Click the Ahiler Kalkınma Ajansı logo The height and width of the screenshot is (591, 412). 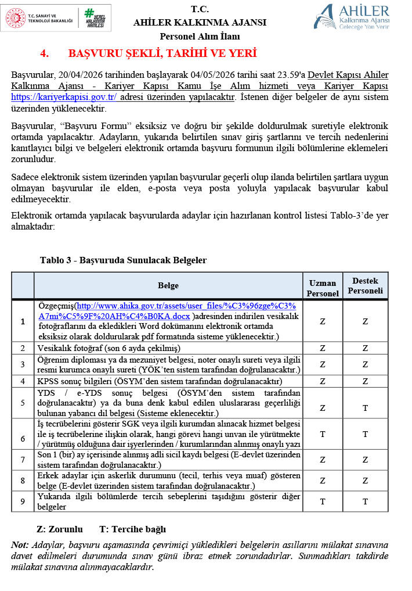(352, 16)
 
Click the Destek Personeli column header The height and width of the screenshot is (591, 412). (365, 285)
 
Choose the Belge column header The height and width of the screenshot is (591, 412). (168, 285)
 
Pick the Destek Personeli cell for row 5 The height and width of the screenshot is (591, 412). (365, 407)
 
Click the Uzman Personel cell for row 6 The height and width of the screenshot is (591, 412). (322, 434)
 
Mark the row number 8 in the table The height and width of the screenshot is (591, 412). (23, 481)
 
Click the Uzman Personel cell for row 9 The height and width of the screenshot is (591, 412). (322, 501)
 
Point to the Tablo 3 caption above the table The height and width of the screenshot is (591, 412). (123, 260)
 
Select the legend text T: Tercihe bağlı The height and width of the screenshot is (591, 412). (132, 529)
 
